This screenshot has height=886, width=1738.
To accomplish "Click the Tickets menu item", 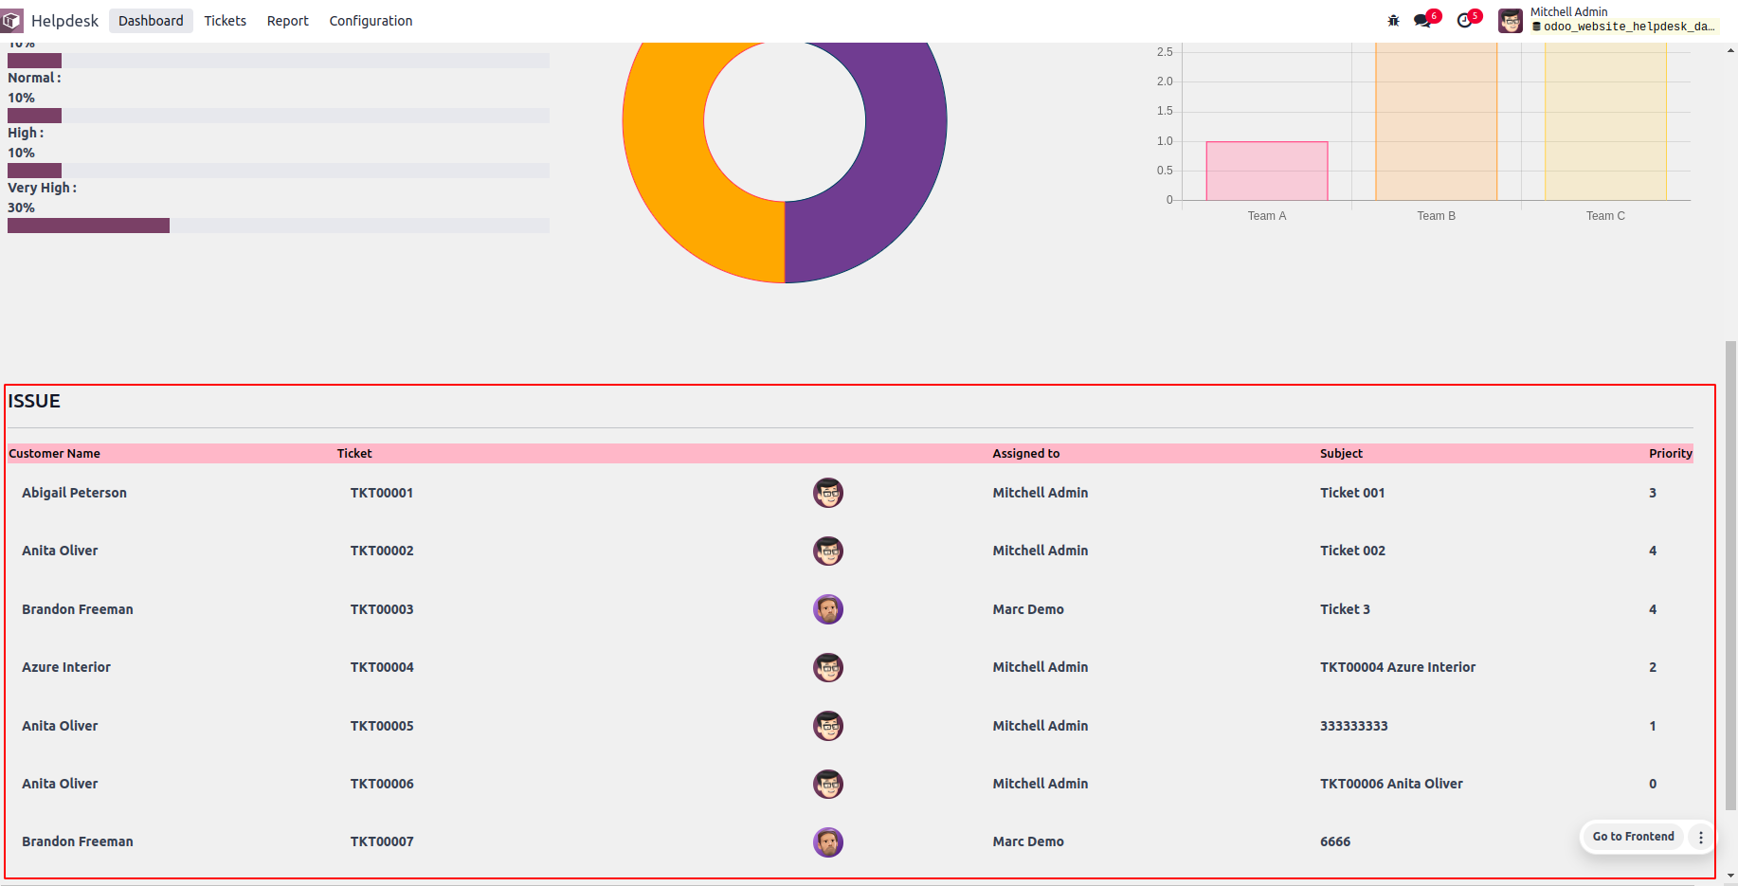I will click(225, 21).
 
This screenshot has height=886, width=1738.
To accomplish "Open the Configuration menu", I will click(371, 21).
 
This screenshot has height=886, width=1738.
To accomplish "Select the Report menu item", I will click(287, 21).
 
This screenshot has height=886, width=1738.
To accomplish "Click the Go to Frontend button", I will click(1632, 837).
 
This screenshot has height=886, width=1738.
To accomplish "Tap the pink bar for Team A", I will click(1266, 172).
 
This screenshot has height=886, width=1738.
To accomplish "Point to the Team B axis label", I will click(1436, 216).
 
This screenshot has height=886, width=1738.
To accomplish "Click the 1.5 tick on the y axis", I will click(1165, 111).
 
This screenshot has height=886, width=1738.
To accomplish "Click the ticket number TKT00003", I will click(382, 609).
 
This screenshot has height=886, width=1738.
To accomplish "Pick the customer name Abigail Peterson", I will click(74, 493).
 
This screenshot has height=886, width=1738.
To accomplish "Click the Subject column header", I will click(1341, 454).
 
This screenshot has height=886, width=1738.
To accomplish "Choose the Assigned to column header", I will click(1025, 454).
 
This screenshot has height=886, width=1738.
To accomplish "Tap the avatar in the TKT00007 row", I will click(828, 842).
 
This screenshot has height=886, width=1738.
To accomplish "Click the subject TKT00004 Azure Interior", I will click(1397, 667).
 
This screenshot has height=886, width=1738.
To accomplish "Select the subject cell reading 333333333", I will click(1353, 726).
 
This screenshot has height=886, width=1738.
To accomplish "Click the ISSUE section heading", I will click(34, 401).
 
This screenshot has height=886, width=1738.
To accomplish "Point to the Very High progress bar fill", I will click(88, 226).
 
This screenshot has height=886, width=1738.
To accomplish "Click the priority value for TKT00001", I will click(1652, 493).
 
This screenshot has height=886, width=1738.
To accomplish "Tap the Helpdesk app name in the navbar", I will click(64, 21).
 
